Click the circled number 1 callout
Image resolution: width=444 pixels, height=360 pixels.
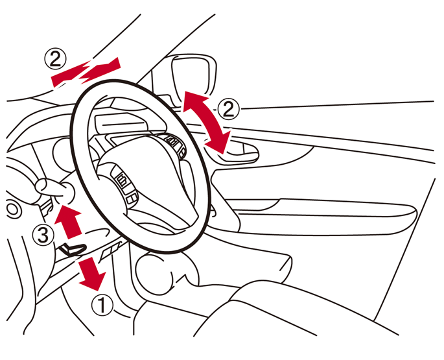[x=102, y=305]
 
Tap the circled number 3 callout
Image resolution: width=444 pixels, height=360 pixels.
[x=43, y=235]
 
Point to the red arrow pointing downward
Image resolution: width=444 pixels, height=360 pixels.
[x=92, y=273]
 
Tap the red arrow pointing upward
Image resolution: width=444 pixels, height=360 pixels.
[x=68, y=222]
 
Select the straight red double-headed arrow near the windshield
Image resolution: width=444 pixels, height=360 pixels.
[x=86, y=72]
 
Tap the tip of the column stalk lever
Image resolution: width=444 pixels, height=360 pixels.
[x=42, y=186]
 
